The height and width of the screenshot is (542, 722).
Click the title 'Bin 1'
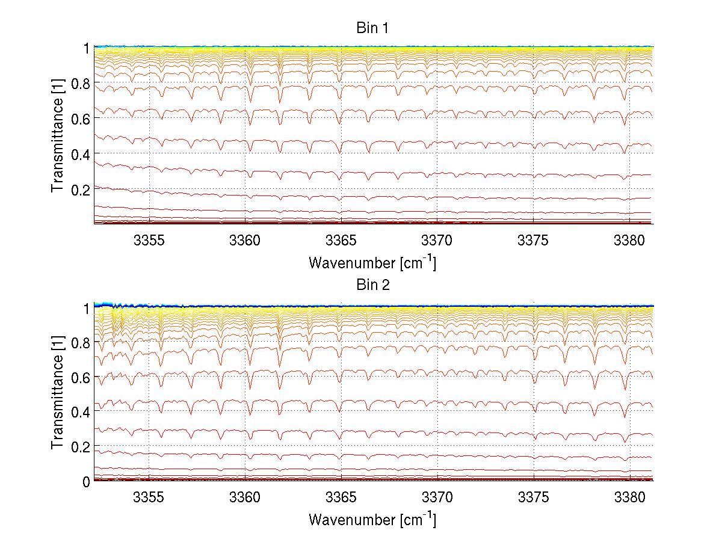pos(372,28)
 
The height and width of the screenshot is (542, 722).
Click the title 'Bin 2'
pos(372,285)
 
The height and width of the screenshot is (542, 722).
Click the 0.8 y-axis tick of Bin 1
pos(79,83)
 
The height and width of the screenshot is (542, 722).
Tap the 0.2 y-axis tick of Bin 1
pos(79,189)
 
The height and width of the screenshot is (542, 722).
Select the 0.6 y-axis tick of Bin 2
pos(79,377)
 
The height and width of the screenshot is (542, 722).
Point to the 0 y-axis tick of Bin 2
pos(86,482)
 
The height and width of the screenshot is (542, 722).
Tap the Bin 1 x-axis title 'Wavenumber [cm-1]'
pos(372,262)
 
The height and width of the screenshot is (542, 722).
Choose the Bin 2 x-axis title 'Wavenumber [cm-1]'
pos(372,519)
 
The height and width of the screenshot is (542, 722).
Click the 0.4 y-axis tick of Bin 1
pos(79,154)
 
